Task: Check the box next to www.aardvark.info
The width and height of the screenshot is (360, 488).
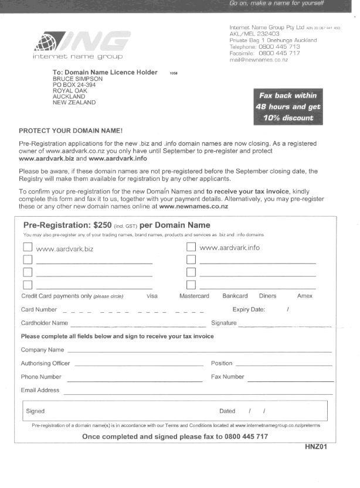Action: [x=191, y=247]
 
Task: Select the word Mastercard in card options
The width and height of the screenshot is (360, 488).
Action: [x=194, y=296]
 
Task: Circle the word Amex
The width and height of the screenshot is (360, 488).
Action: [x=305, y=296]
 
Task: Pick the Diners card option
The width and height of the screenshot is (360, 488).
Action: [x=267, y=296]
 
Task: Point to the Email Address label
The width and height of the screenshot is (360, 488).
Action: [x=40, y=390]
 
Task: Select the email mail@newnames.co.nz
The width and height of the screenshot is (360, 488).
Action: [x=258, y=60]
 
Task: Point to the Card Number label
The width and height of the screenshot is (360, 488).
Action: [x=39, y=310]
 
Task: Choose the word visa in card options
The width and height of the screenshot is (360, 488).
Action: [x=152, y=296]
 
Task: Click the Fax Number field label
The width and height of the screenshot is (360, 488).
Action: [x=227, y=377]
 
